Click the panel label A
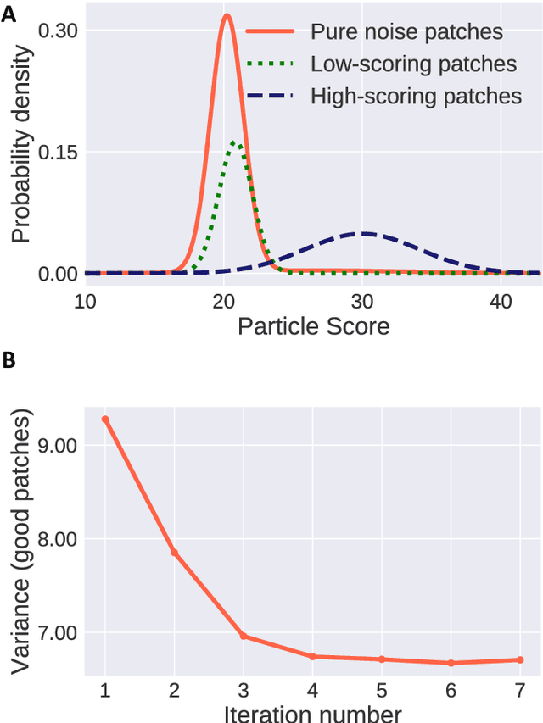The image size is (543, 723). (8, 14)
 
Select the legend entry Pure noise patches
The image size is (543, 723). (406, 32)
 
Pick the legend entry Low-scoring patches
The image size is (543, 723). (413, 64)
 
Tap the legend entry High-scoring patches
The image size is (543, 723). (416, 96)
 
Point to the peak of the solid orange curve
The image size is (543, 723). (226, 15)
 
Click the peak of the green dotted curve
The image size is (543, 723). (238, 142)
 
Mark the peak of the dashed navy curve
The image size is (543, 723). (363, 233)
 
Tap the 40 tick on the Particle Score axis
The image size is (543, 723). (501, 302)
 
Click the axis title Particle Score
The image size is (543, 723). (313, 326)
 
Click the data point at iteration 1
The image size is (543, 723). (105, 419)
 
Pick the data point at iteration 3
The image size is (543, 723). (244, 636)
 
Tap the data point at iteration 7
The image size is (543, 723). (519, 659)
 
